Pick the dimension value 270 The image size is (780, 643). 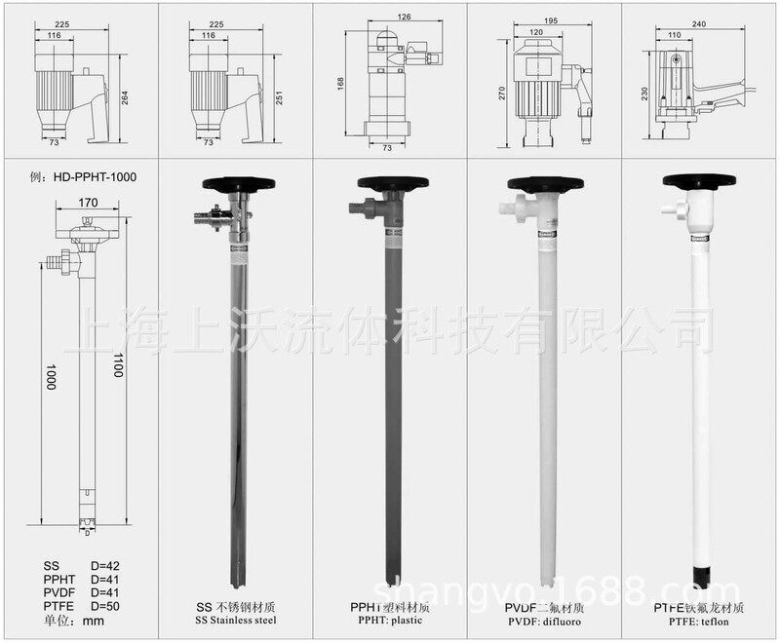(500, 93)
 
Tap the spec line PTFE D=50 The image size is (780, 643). (81, 606)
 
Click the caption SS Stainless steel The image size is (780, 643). (234, 621)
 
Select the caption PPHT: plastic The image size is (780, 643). (390, 621)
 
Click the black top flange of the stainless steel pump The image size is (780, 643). (234, 182)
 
